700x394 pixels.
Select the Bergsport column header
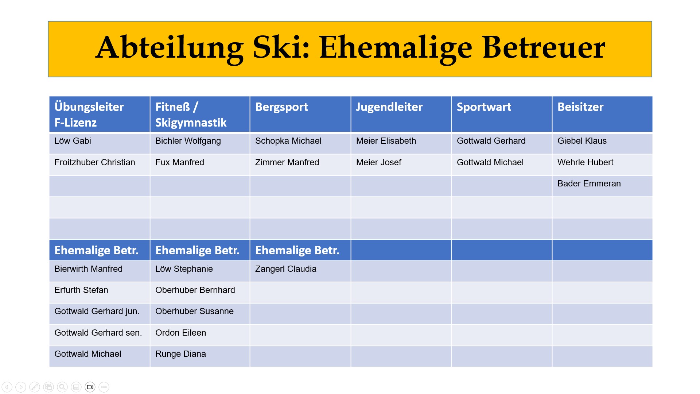coord(281,107)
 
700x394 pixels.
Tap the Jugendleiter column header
coord(389,107)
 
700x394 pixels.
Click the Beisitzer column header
coord(580,107)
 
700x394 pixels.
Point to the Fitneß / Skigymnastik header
coord(191,115)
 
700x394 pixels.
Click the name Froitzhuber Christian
coord(95,162)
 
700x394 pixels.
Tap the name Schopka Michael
coord(288,141)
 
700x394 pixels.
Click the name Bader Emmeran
coord(589,184)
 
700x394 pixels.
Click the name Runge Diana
coord(180,354)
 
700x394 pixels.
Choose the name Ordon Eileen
coord(180,333)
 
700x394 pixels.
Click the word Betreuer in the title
coord(544,47)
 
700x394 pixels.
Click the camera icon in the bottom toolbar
coord(90,387)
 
